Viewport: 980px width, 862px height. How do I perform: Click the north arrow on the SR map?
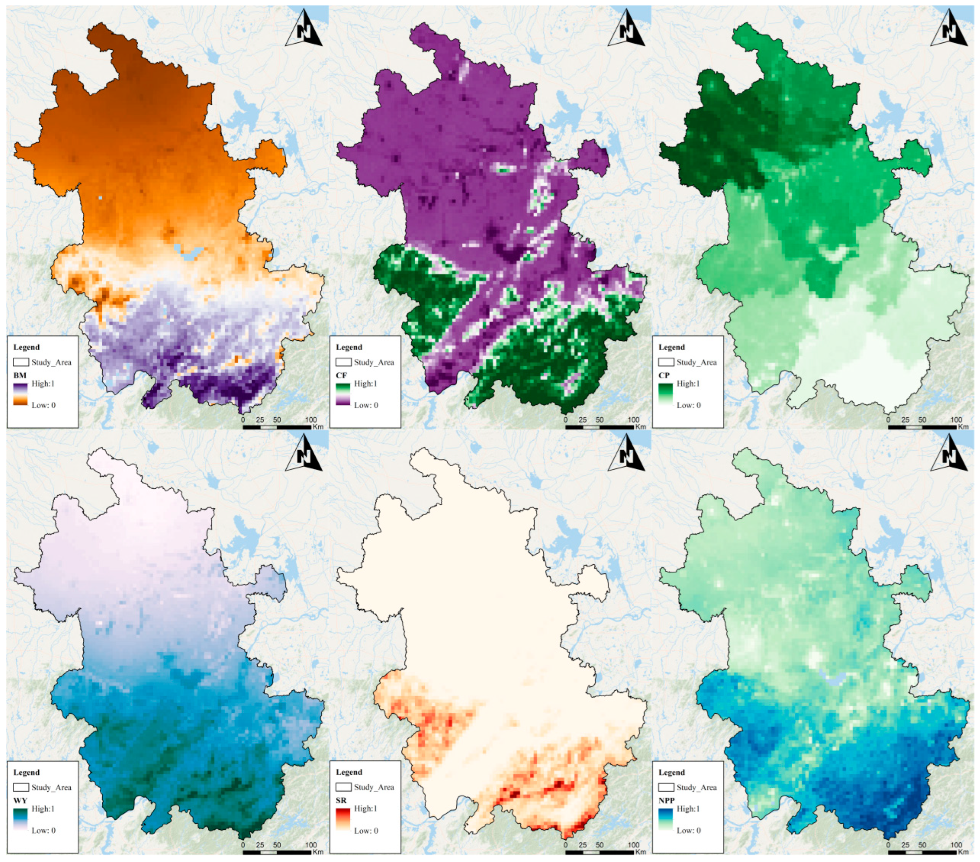coord(626,455)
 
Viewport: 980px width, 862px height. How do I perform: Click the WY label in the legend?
coord(20,800)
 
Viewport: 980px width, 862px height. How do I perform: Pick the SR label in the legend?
coord(341,800)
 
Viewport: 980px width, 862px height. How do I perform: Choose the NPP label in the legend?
coord(666,800)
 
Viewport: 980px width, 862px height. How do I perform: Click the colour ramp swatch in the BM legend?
coord(20,394)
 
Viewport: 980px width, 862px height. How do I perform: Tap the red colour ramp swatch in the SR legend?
coord(343,819)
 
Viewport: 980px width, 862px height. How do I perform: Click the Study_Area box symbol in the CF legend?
coord(343,362)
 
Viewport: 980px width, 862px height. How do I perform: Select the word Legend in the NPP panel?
coord(671,772)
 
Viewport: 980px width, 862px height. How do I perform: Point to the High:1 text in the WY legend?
coord(43,809)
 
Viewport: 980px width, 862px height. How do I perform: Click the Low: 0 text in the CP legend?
coord(688,405)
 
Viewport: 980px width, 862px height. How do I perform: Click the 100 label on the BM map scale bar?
coord(311,419)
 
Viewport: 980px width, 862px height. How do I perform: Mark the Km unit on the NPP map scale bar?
coord(963,852)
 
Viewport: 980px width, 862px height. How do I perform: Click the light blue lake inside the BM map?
coord(189,251)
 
